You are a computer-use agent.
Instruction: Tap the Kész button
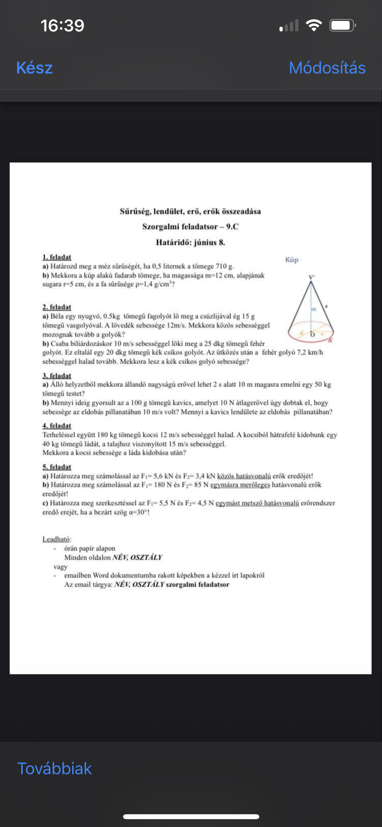(x=35, y=68)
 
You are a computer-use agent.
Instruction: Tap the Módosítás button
(x=327, y=68)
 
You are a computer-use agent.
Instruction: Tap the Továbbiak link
(x=55, y=769)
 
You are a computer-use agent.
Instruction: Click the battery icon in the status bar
(x=342, y=25)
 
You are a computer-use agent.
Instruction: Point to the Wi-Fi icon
(x=314, y=25)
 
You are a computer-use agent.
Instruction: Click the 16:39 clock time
(x=62, y=25)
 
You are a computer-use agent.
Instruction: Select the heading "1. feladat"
(x=57, y=257)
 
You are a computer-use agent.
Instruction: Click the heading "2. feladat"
(x=57, y=307)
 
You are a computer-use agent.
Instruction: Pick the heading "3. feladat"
(x=57, y=376)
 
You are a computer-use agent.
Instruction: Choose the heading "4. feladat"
(x=57, y=426)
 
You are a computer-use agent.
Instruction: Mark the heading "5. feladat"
(x=57, y=467)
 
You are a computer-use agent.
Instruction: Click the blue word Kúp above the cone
(x=292, y=260)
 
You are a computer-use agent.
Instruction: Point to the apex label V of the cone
(x=311, y=277)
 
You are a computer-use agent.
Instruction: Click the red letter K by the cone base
(x=330, y=340)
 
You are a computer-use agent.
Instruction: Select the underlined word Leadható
(x=56, y=539)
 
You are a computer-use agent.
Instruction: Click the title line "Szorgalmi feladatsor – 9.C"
(x=190, y=227)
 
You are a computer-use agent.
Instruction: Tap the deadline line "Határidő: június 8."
(x=190, y=242)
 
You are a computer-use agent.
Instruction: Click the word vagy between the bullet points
(x=60, y=567)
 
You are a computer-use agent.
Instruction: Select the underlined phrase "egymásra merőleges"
(x=240, y=485)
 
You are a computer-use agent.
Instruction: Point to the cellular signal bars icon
(x=289, y=25)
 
